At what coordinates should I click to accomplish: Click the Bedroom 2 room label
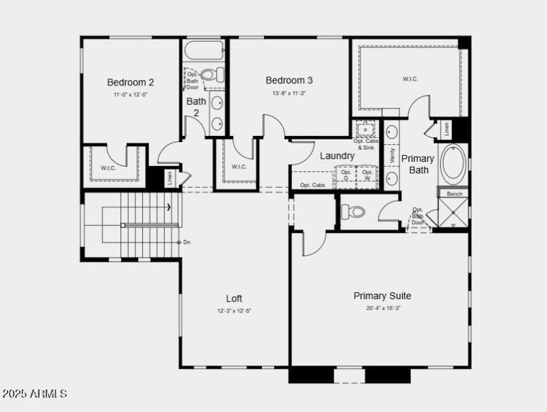click(131, 83)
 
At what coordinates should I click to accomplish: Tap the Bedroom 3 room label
click(289, 81)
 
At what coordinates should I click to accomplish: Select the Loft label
click(234, 299)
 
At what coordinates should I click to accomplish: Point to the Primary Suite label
click(382, 296)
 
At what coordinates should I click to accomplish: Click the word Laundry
click(338, 156)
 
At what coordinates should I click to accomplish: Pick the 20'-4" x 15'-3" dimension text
click(382, 308)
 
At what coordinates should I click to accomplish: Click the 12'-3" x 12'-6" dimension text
click(234, 311)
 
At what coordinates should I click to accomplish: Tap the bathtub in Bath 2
click(204, 51)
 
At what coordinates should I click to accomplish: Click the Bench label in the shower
click(455, 194)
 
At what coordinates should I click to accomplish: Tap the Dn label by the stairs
click(187, 242)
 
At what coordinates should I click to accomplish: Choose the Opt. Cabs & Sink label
click(364, 144)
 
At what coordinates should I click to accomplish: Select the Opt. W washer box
click(367, 176)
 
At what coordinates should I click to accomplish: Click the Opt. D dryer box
click(346, 176)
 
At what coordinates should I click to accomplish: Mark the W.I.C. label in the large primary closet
click(410, 79)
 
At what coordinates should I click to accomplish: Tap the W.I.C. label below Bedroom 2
click(109, 167)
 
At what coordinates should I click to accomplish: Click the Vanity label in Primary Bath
click(392, 155)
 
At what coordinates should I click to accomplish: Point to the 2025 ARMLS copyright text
click(34, 394)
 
